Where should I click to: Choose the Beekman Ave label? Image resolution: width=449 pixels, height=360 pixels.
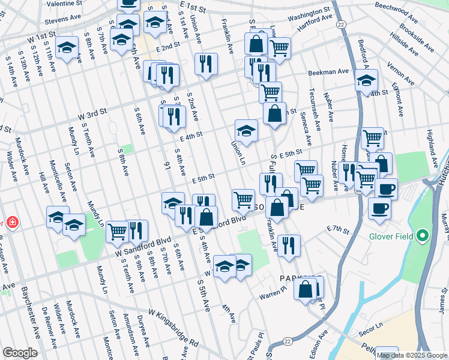(328, 72)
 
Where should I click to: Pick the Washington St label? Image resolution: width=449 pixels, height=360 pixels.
(309, 11)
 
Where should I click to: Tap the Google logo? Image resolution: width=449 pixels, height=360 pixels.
(20, 353)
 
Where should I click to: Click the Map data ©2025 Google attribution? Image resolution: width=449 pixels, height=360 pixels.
(412, 355)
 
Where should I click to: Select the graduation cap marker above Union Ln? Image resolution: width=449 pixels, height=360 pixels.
(246, 130)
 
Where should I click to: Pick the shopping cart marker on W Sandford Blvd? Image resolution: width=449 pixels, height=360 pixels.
(117, 231)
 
